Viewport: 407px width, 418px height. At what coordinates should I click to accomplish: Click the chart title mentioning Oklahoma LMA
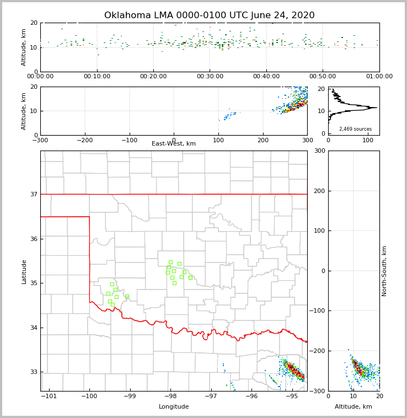(209, 15)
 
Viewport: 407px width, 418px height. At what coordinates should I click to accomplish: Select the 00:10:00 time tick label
(97, 77)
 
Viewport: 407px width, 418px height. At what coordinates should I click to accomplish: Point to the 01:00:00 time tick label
(379, 77)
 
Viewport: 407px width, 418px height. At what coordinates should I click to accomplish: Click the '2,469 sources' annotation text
(355, 129)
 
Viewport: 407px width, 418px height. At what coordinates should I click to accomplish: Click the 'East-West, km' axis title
(174, 144)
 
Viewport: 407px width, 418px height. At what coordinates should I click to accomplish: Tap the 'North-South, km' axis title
(384, 271)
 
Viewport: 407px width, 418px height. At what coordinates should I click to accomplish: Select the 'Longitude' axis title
(174, 407)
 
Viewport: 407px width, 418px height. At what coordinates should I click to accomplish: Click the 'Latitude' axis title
(24, 271)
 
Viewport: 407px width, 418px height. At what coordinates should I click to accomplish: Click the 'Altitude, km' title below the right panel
(354, 407)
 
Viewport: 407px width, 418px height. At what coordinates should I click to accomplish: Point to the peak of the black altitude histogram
(377, 108)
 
